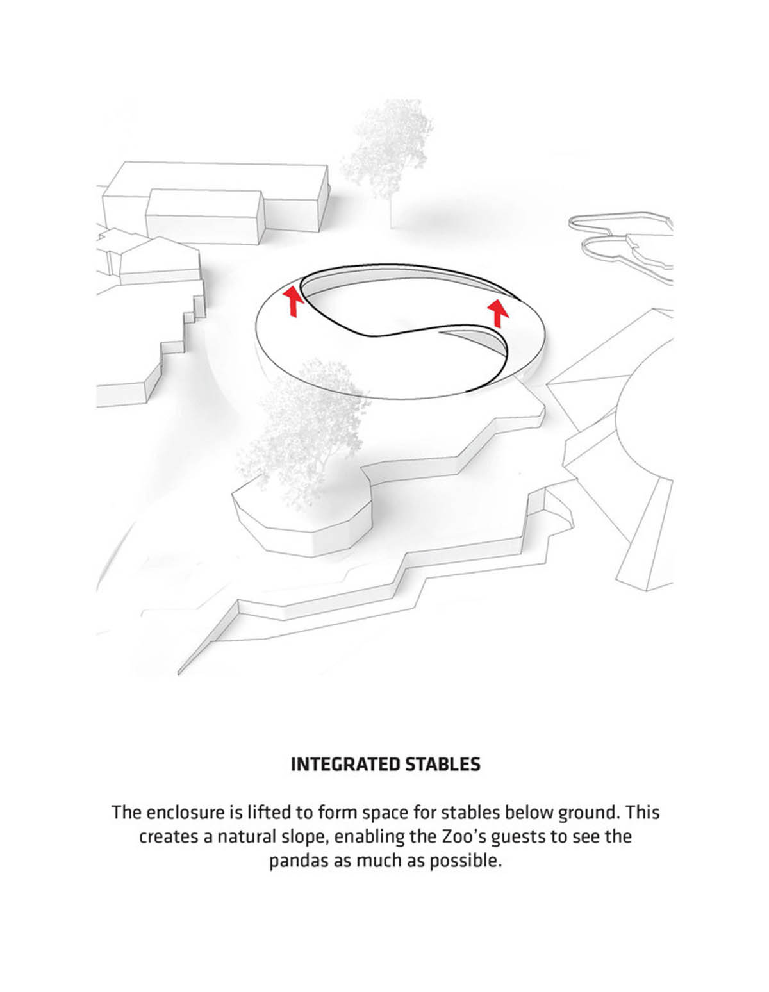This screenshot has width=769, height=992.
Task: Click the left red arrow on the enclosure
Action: [294, 301]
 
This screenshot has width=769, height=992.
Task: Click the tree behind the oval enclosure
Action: [388, 155]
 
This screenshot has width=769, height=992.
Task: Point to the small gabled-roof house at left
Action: [160, 260]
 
